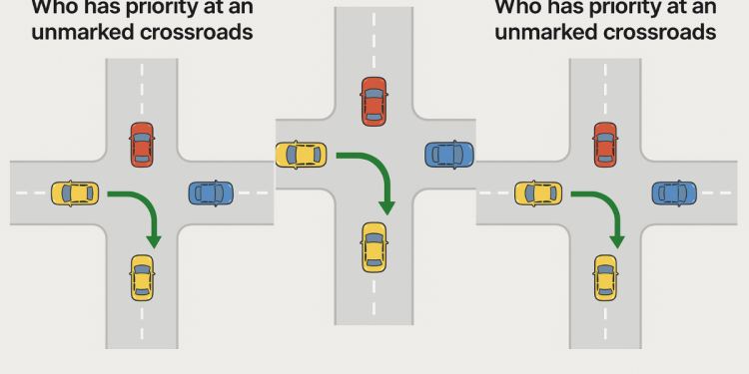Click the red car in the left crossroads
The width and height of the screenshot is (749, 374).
click(x=142, y=144)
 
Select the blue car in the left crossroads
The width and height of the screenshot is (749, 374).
click(x=210, y=191)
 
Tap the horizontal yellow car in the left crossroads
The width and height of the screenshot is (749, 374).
click(x=75, y=191)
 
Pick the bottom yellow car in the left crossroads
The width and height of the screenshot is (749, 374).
click(x=142, y=277)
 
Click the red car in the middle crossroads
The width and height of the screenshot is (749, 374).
click(x=374, y=100)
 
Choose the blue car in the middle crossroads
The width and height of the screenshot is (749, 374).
click(x=449, y=155)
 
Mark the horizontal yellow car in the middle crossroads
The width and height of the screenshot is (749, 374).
click(x=301, y=155)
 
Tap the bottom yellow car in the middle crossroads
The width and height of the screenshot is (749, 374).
click(x=374, y=246)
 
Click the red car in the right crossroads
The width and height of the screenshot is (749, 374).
click(x=604, y=144)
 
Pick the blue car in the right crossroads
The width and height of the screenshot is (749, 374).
click(x=674, y=191)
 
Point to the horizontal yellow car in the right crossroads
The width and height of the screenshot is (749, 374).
click(x=538, y=191)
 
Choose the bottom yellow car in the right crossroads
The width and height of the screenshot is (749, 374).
click(x=604, y=277)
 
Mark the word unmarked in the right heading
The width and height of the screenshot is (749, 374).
click(x=541, y=32)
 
